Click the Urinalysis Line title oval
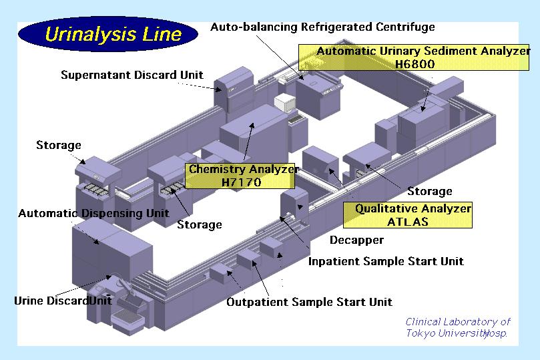108,35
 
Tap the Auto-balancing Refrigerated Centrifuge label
322,27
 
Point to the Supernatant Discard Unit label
132,75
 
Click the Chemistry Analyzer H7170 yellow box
242,176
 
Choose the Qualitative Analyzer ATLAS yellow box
409,215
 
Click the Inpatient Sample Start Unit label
386,261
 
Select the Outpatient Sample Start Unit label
309,302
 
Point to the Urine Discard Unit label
63,301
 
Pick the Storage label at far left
59,145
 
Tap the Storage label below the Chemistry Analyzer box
200,225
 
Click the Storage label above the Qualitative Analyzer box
430,192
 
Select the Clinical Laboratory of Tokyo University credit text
457,327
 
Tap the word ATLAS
408,222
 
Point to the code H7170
242,182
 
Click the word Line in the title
158,35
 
